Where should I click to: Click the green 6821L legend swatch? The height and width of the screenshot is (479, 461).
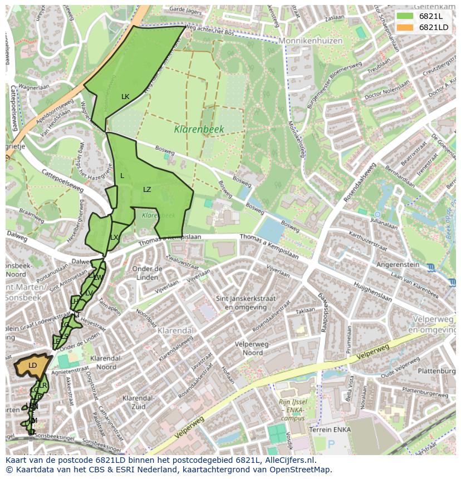[405, 16]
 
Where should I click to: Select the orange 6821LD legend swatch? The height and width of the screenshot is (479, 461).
[405, 27]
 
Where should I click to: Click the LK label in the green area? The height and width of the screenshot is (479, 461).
[125, 97]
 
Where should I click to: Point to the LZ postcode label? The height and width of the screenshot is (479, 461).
[147, 190]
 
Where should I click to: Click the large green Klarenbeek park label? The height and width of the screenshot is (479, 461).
[199, 129]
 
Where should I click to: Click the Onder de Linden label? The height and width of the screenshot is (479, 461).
[147, 273]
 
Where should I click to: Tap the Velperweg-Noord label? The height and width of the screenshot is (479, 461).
[249, 348]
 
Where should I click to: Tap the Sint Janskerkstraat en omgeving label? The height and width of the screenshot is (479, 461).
[250, 303]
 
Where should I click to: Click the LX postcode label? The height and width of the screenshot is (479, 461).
[114, 238]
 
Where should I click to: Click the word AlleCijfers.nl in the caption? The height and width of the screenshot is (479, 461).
[288, 460]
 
